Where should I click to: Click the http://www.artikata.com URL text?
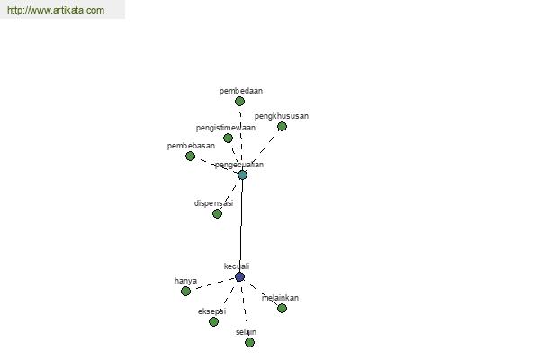click(x=55, y=11)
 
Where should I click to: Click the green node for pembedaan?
click(x=239, y=102)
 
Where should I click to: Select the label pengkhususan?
click(x=282, y=116)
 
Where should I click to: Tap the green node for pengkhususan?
click(x=282, y=127)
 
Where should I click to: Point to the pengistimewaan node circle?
click(x=228, y=139)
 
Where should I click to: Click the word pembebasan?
click(x=191, y=146)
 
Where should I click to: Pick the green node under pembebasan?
click(x=190, y=157)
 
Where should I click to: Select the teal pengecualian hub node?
click(x=242, y=175)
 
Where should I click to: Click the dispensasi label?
click(x=213, y=203)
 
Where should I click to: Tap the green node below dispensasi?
click(x=217, y=214)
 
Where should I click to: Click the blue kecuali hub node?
click(x=239, y=277)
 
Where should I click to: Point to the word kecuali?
click(x=237, y=266)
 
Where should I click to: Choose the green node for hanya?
click(x=185, y=292)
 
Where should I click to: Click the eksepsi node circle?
click(x=213, y=322)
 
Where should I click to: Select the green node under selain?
click(x=249, y=343)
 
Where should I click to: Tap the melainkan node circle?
click(x=282, y=309)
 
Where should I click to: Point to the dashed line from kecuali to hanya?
click(x=212, y=284)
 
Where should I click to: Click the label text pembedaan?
click(x=240, y=91)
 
